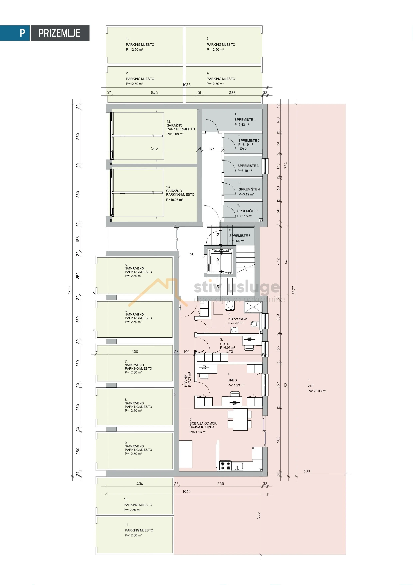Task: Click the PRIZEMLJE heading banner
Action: click(59, 33)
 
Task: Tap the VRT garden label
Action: click(311, 386)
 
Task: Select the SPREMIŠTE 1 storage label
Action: click(245, 120)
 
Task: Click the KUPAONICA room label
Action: click(238, 319)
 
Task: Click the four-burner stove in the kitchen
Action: click(225, 465)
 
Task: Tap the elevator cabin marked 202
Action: click(218, 261)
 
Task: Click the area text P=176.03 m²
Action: click(317, 391)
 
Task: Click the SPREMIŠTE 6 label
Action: click(240, 236)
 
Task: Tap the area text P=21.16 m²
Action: click(198, 432)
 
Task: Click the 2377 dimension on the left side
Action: click(70, 290)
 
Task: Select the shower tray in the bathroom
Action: click(253, 307)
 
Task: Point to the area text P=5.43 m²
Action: click(242, 125)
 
